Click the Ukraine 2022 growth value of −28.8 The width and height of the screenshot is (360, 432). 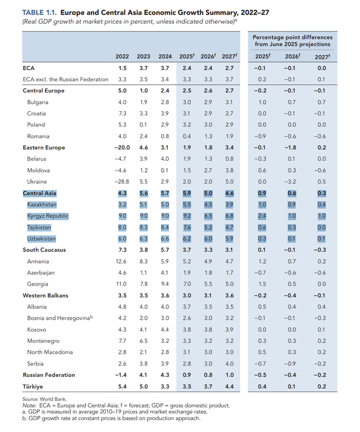pyautogui.click(x=121, y=182)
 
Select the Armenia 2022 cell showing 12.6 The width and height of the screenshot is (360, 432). pyautogui.click(x=122, y=261)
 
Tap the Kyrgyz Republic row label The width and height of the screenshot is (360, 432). pyautogui.click(x=48, y=216)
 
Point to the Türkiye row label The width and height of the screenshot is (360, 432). pyautogui.click(x=32, y=386)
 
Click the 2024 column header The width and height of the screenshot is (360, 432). pyautogui.click(x=165, y=57)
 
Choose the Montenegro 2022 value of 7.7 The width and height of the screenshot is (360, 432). pyautogui.click(x=122, y=341)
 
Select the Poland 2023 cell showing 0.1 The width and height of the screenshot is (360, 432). pyautogui.click(x=144, y=125)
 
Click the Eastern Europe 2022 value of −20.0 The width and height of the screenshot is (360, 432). pyautogui.click(x=119, y=147)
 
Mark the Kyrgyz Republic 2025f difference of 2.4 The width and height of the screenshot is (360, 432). pyautogui.click(x=261, y=216)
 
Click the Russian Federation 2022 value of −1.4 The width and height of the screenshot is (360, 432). pyautogui.click(x=121, y=375)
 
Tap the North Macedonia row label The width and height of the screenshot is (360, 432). pyautogui.click(x=50, y=352)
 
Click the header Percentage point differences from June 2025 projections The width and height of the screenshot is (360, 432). pyautogui.click(x=292, y=40)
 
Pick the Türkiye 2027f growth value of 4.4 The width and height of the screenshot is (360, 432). pyautogui.click(x=229, y=386)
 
